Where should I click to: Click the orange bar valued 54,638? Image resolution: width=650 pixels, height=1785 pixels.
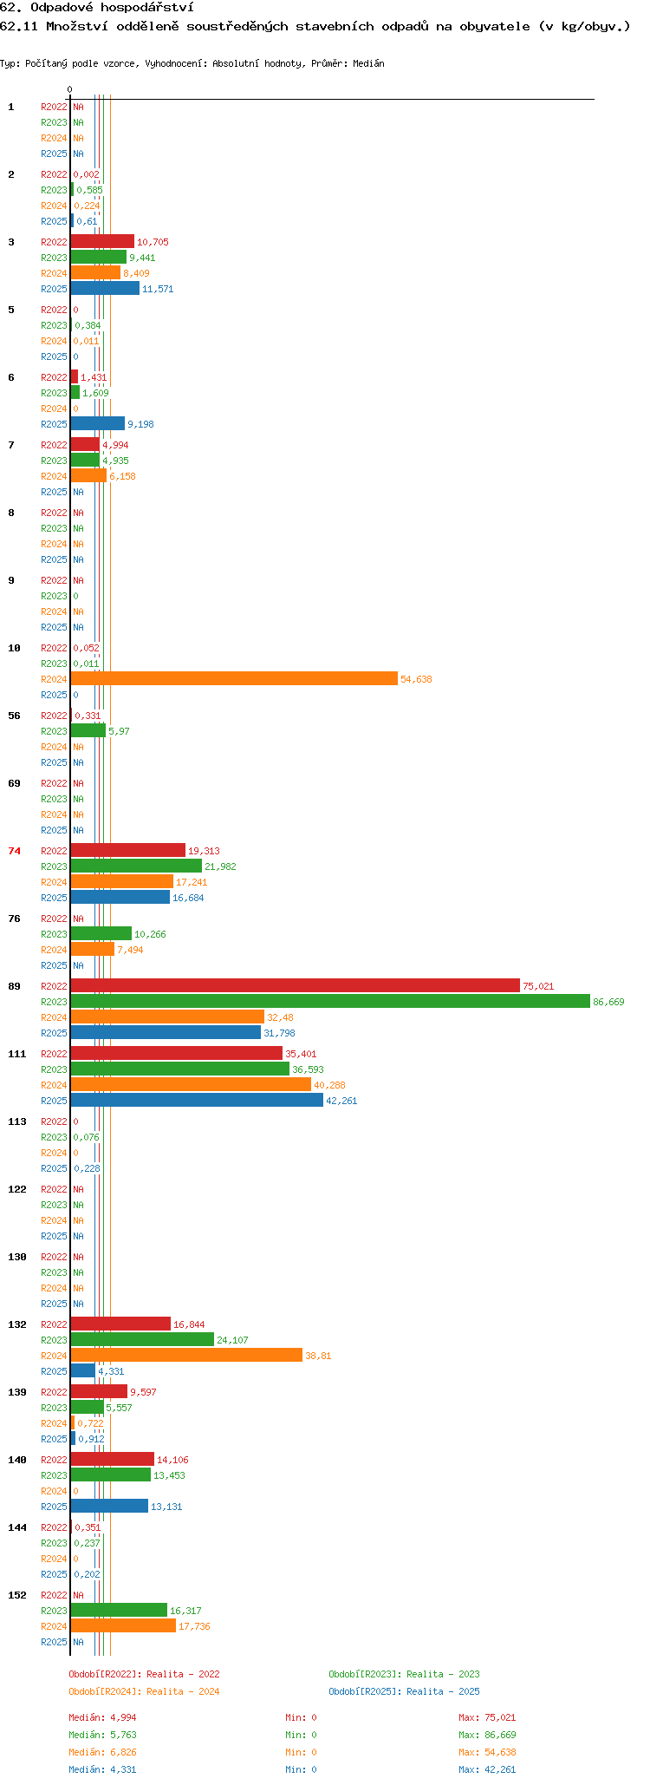tap(234, 679)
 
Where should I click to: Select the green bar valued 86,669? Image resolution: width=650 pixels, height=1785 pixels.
tap(330, 1002)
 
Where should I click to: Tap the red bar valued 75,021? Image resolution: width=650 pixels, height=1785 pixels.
tap(296, 986)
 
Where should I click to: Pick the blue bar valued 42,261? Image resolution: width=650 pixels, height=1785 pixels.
tap(197, 1101)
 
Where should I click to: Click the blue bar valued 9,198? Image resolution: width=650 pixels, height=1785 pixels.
tap(98, 424)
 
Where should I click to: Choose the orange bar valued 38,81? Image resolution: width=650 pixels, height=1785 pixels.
tap(186, 1356)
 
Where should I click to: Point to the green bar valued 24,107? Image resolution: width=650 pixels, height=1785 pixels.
tap(142, 1340)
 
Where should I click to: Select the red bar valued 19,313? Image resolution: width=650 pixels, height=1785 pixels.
tap(128, 851)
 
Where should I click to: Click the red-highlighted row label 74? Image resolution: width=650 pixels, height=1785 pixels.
tap(14, 851)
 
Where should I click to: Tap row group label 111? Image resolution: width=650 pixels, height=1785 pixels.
tap(17, 1054)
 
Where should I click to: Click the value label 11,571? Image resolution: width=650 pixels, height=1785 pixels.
tap(158, 289)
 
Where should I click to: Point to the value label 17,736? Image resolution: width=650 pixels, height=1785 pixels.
tap(194, 1626)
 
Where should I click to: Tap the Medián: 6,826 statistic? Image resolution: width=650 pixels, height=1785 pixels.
tap(102, 1752)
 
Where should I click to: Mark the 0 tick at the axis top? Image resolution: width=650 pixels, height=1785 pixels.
tap(69, 89)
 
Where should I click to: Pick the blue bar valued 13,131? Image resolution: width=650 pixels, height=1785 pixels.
tap(109, 1507)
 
